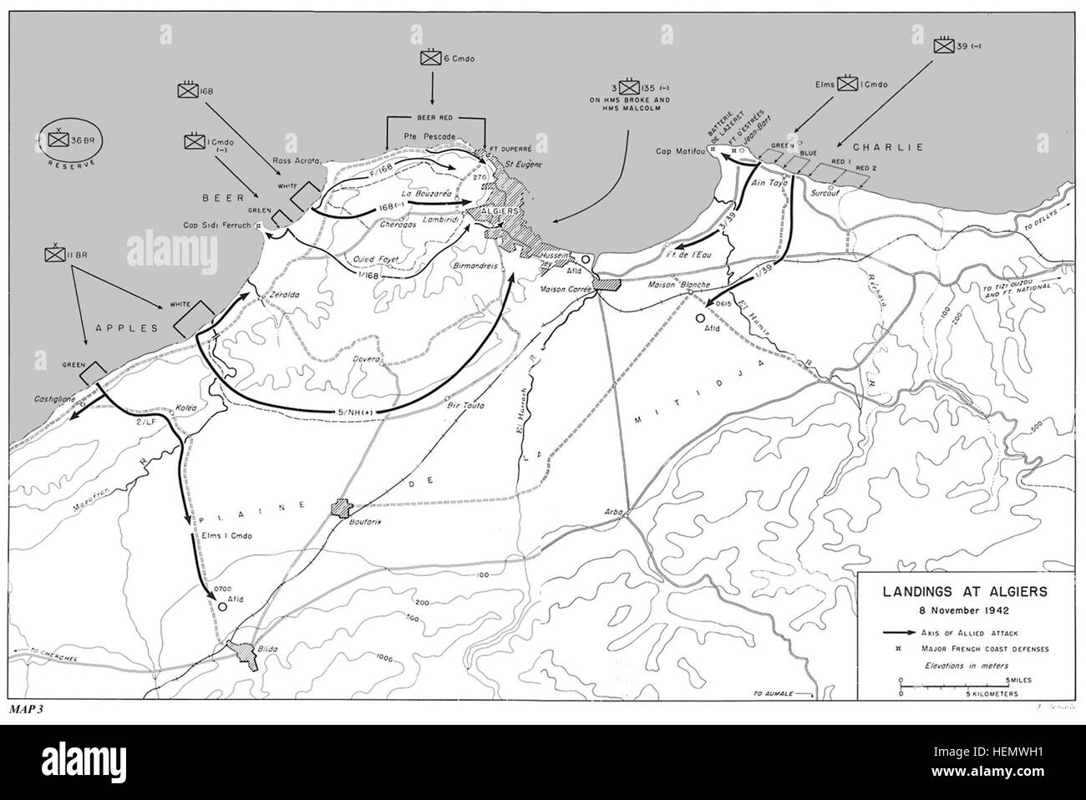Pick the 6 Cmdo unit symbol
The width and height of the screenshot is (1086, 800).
click(x=432, y=58)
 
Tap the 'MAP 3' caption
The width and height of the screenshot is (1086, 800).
click(x=31, y=709)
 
